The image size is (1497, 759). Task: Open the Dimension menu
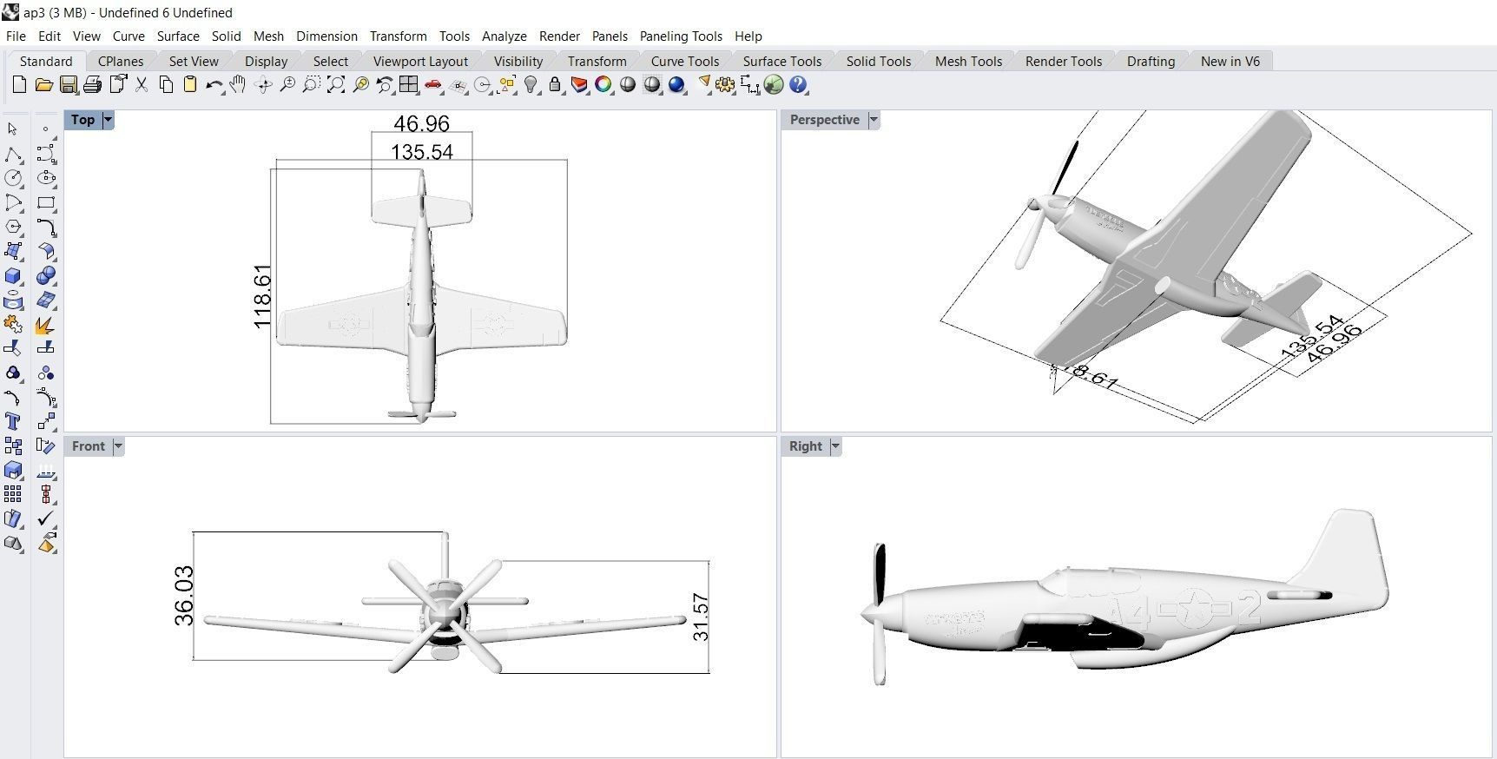(326, 36)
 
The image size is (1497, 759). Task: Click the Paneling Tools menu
(681, 36)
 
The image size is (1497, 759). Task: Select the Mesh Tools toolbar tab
(968, 61)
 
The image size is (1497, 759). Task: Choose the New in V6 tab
(1230, 61)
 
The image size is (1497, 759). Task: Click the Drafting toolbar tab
(1151, 61)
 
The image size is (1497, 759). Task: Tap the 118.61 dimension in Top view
(262, 296)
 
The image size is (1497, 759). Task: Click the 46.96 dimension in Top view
(422, 123)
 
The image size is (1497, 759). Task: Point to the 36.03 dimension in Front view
(184, 595)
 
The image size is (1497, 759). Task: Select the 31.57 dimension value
(701, 617)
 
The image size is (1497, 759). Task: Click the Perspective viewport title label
(824, 120)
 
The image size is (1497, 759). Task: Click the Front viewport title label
(88, 446)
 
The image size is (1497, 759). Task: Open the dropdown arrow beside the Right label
(835, 446)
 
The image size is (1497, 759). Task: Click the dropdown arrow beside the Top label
(109, 120)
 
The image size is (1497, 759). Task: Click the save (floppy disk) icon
(68, 85)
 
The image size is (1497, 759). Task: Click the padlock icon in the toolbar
(555, 85)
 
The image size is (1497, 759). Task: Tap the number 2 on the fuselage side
(1250, 608)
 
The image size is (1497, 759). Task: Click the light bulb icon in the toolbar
(531, 85)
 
